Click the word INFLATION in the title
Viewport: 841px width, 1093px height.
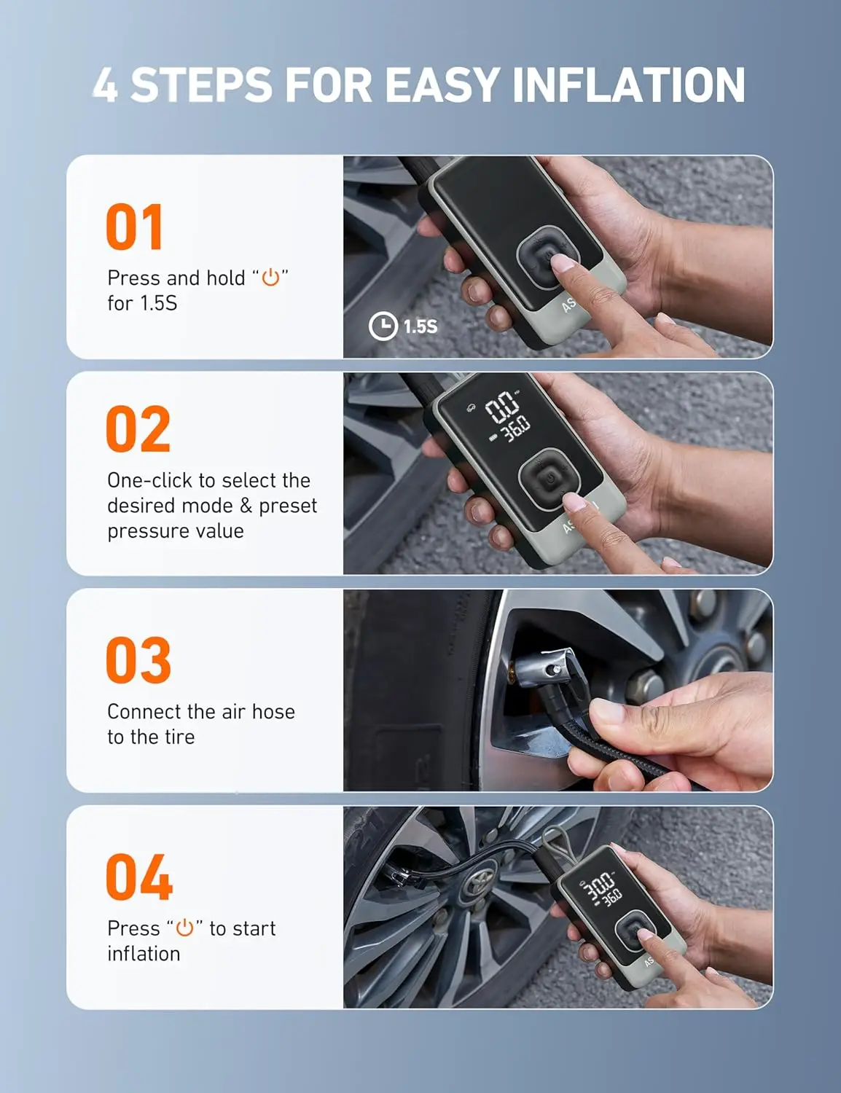[x=628, y=85]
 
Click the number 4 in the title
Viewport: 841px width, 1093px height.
[x=105, y=85]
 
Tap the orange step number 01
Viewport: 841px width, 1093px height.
[x=135, y=227]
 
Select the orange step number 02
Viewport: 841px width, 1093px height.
[x=138, y=429]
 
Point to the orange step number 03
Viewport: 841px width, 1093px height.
[x=138, y=660]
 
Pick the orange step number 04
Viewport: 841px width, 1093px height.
[x=139, y=877]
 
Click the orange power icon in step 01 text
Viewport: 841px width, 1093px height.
[x=270, y=278]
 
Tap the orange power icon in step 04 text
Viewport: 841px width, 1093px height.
[x=184, y=928]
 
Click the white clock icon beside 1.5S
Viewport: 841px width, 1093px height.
[x=383, y=326]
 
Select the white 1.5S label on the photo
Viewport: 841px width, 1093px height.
[x=420, y=326]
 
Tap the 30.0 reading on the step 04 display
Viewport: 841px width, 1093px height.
[x=600, y=887]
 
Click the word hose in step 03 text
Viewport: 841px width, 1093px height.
[x=273, y=711]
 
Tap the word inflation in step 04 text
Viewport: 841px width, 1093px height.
[x=144, y=954]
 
